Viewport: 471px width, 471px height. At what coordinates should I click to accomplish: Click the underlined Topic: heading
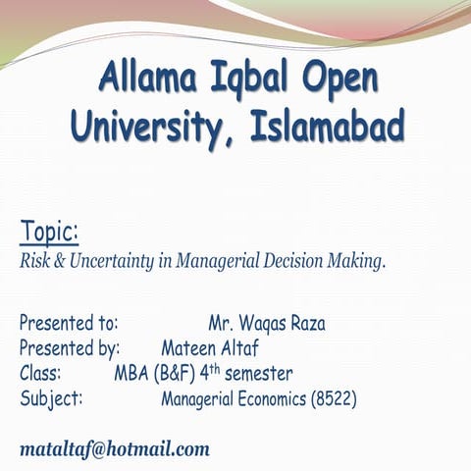point(49,232)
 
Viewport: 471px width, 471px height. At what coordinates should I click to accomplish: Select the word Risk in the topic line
point(36,261)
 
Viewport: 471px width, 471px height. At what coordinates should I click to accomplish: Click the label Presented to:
point(69,323)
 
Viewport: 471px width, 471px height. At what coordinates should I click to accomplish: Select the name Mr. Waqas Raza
point(267,323)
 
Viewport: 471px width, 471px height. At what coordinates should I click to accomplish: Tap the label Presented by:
point(70,348)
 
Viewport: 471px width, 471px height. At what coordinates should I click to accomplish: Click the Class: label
point(40,374)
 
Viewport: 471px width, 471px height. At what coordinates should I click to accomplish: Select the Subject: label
point(51,399)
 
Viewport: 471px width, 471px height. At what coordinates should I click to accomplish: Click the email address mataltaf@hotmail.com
point(115,449)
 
